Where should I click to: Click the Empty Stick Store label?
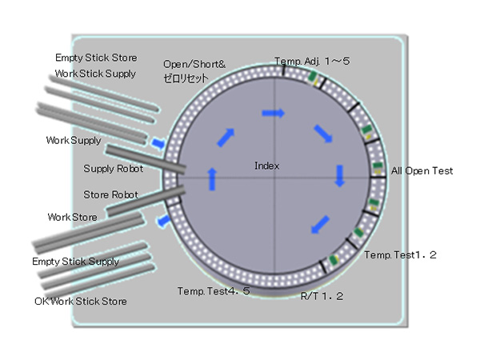95,58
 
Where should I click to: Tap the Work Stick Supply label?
95,74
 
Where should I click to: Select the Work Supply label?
74,141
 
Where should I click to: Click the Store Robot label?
110,194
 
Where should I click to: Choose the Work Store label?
72,217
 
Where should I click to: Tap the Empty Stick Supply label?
75,262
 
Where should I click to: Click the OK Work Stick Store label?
81,301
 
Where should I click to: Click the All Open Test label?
422,171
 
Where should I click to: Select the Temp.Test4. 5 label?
214,290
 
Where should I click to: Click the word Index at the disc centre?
266,166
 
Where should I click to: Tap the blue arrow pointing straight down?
339,175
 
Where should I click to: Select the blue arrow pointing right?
274,114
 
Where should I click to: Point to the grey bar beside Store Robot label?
144,202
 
